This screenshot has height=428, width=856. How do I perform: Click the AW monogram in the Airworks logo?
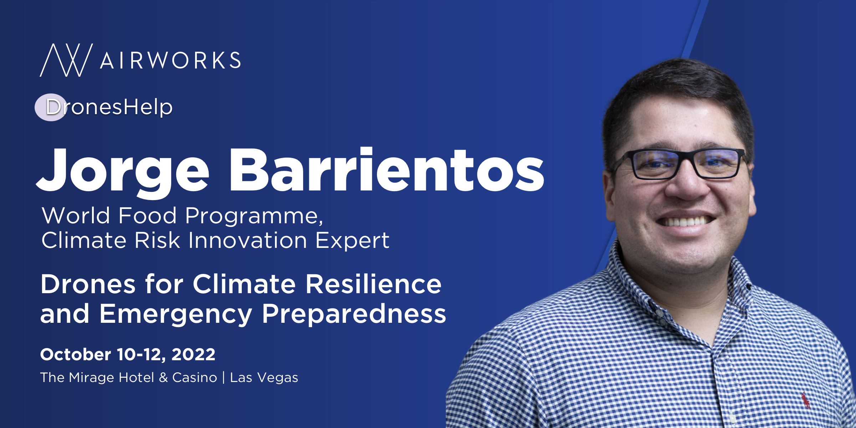[66, 60]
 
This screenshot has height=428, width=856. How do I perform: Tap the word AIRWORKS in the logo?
[170, 60]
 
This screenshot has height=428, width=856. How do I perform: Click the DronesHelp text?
[109, 107]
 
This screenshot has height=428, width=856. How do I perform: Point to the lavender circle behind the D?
[51, 107]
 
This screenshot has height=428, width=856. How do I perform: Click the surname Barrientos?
[387, 169]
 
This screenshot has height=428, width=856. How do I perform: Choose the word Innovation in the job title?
[248, 240]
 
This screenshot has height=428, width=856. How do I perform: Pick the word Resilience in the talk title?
[373, 284]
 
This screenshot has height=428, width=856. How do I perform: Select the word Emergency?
[176, 314]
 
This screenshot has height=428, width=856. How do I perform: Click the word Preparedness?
[354, 314]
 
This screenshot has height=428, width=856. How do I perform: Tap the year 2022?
[193, 355]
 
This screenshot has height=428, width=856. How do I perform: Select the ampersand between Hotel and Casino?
[163, 377]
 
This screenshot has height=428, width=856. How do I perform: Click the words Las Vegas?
[264, 378]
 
